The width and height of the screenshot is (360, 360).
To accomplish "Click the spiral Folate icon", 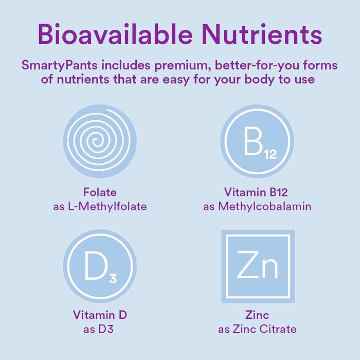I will (x=100, y=140).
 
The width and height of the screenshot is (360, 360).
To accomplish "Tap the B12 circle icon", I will (x=257, y=140).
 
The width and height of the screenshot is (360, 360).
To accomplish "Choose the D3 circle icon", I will (x=100, y=266).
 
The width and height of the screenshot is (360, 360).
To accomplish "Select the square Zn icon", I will (x=257, y=266).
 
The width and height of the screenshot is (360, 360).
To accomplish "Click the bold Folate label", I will (x=100, y=193).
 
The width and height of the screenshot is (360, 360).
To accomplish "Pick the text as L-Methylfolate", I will (x=100, y=207).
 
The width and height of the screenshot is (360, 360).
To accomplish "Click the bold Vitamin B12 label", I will (x=256, y=193).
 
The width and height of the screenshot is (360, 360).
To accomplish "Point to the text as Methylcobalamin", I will (x=257, y=207).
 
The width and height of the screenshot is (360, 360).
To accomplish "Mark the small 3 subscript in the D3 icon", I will (x=113, y=279).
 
